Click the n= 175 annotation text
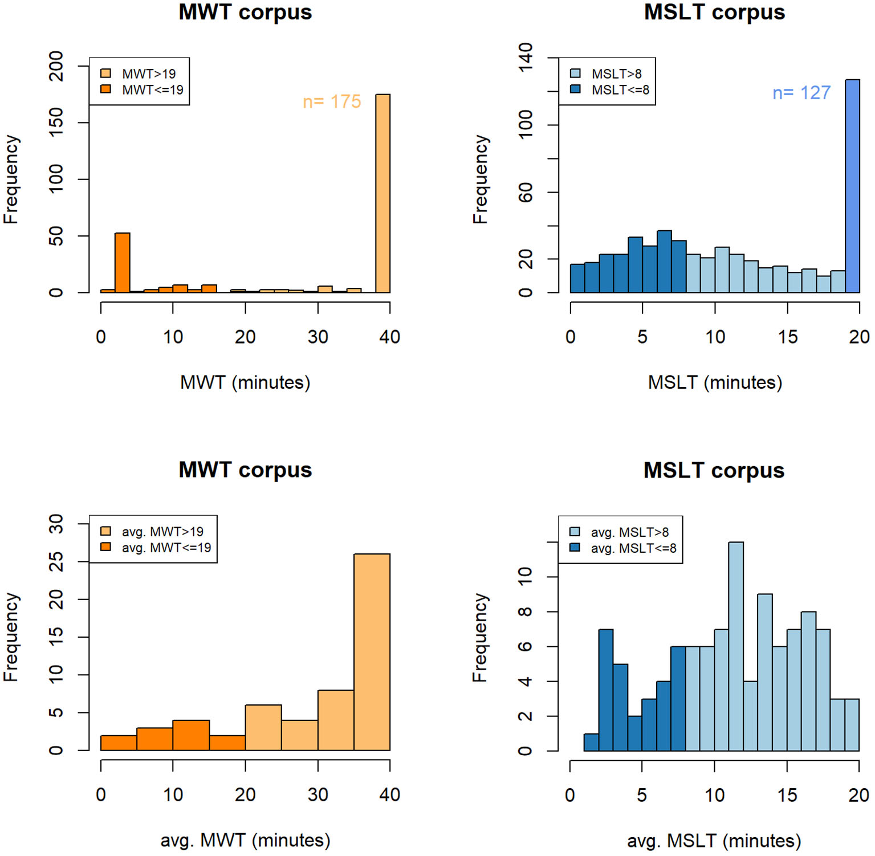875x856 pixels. [x=332, y=101]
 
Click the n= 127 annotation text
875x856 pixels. [x=801, y=93]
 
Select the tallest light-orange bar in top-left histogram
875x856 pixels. [x=382, y=194]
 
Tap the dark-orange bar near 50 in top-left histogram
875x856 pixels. [x=123, y=263]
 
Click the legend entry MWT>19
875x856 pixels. [x=148, y=74]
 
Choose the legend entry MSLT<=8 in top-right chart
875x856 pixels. [x=620, y=90]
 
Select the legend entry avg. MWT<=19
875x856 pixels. [x=165, y=548]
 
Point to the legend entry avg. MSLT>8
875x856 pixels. [x=629, y=532]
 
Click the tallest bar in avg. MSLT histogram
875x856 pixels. [x=736, y=646]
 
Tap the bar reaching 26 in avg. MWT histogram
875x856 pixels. [x=372, y=652]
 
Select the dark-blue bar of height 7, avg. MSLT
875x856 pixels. [x=606, y=690]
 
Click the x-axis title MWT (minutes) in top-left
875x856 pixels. [x=245, y=382]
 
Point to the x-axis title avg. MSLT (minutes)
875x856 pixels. [x=714, y=841]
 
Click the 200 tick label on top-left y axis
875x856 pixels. [x=56, y=66]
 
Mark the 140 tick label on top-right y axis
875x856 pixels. [x=525, y=57]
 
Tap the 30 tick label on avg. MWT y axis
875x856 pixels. [x=56, y=524]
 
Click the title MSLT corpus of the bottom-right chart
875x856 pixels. [x=714, y=471]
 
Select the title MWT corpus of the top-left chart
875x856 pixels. [x=245, y=13]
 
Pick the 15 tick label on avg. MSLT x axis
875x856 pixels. [x=787, y=795]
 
